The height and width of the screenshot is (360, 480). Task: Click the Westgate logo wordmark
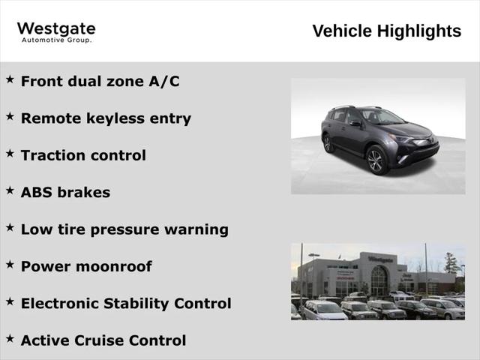coord(56,29)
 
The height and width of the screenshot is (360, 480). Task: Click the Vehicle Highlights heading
coord(386,31)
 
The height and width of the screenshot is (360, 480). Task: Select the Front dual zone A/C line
coord(100,81)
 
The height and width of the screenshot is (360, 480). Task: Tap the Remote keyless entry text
coord(106,118)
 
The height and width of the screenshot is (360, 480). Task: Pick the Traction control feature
coord(83,155)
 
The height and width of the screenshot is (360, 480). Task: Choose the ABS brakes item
coord(65,192)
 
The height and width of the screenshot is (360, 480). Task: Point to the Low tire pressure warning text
coord(124,229)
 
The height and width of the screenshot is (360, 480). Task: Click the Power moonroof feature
coord(86,266)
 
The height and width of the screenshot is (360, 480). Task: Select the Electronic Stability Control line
coord(126,304)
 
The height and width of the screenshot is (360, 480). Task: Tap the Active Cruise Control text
coord(103,340)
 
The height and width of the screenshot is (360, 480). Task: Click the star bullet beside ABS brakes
coord(10,190)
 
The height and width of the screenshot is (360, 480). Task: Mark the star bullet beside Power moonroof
coord(10,265)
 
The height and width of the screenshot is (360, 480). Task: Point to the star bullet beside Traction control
coord(10,154)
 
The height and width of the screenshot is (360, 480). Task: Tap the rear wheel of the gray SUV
coord(328,143)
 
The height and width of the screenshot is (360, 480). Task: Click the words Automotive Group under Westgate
coord(56,40)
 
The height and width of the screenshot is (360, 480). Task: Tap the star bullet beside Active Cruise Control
coord(10,339)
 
